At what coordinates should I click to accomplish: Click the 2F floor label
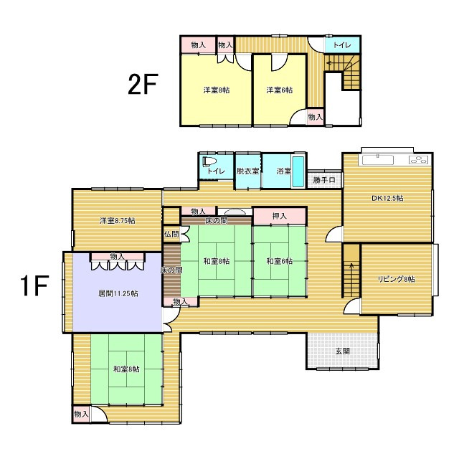[143, 84]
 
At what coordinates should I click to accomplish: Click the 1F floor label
[34, 285]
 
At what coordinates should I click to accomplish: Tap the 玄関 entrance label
[343, 351]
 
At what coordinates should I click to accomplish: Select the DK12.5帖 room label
[387, 198]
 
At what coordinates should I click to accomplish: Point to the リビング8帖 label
[397, 279]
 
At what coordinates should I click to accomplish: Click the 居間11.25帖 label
[118, 293]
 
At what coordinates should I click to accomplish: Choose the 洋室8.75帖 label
[118, 220]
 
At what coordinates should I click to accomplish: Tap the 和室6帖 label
[280, 260]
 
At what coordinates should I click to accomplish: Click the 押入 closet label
[279, 216]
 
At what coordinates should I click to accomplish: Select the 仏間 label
[171, 234]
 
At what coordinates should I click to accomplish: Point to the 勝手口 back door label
[324, 180]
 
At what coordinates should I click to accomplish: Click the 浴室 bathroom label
[284, 171]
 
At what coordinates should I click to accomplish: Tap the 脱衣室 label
[247, 171]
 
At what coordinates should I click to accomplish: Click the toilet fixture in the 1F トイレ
[209, 161]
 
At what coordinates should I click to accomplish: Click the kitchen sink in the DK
[378, 161]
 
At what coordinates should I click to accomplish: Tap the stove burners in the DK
[419, 160]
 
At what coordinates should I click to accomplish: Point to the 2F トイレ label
[342, 45]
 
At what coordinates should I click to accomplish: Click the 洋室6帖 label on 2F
[280, 90]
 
